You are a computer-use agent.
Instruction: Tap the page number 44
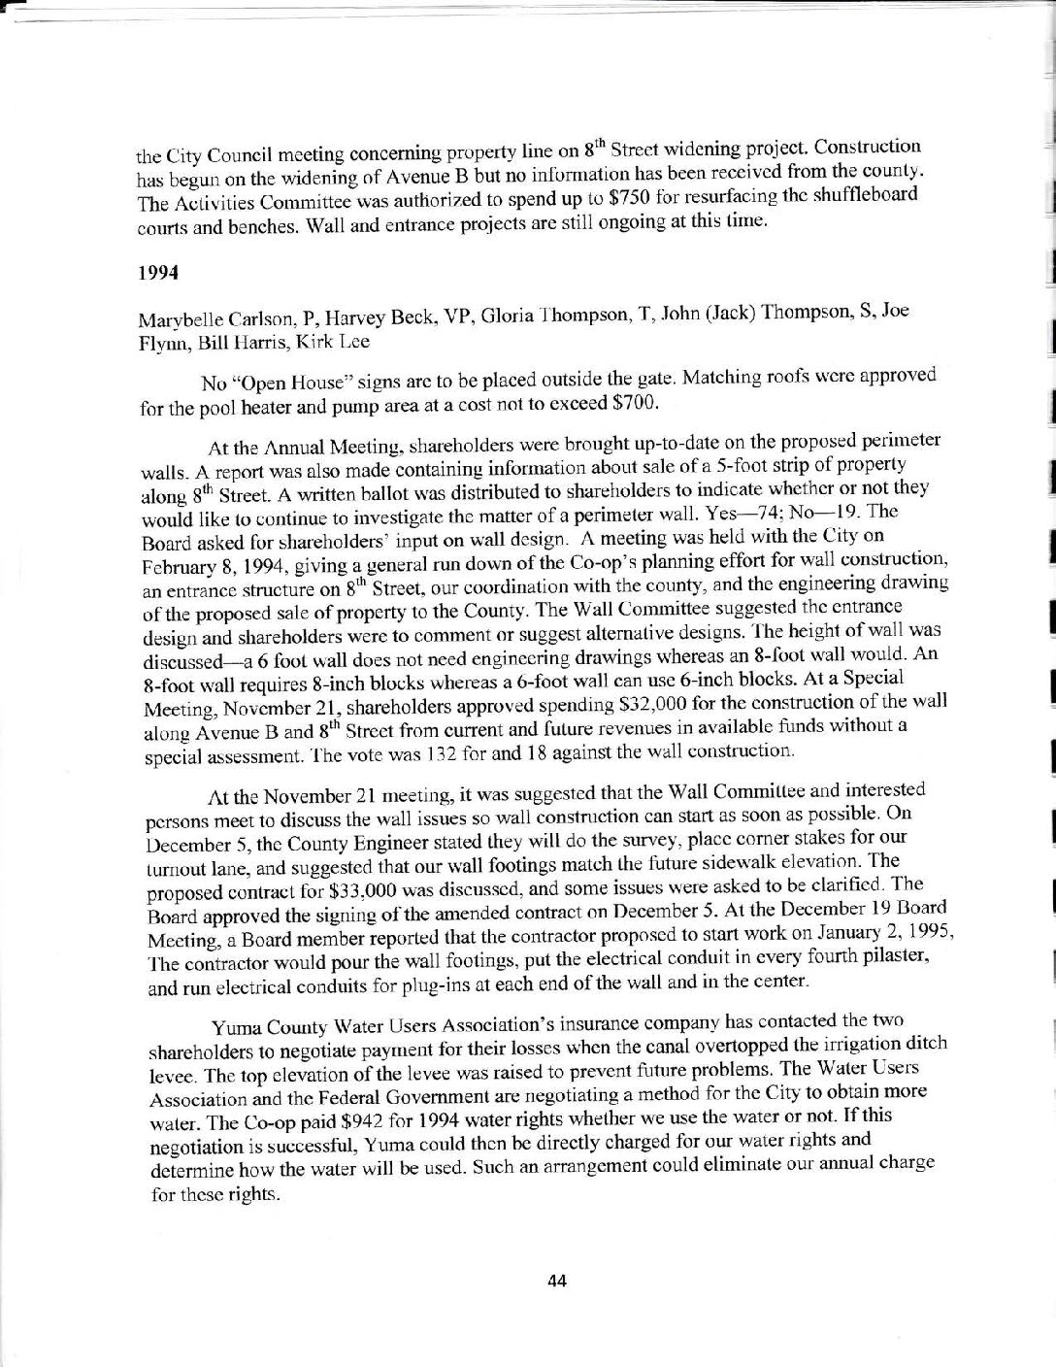(x=556, y=1280)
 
